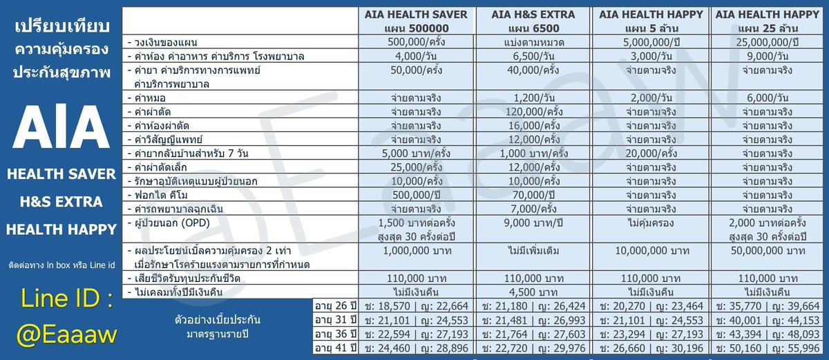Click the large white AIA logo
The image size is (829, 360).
pyautogui.click(x=61, y=127)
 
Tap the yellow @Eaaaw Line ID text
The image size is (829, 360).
pyautogui.click(x=66, y=335)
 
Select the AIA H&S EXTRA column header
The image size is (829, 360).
pyautogui.click(x=533, y=21)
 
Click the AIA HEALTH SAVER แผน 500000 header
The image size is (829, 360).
pyautogui.click(x=416, y=21)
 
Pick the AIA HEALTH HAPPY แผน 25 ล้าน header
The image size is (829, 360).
pyautogui.click(x=768, y=21)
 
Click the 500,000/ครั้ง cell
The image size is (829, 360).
pyautogui.click(x=416, y=42)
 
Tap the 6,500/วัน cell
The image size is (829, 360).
pyautogui.click(x=533, y=56)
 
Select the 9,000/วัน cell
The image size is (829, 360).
pyautogui.click(x=768, y=56)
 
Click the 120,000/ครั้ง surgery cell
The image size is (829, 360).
pyautogui.click(x=533, y=112)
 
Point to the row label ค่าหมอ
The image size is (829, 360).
pyautogui.click(x=147, y=98)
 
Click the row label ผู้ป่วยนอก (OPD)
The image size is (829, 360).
pyautogui.click(x=169, y=223)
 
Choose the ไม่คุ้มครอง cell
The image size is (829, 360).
pyautogui.click(x=651, y=223)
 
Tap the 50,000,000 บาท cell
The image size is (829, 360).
pyautogui.click(x=768, y=251)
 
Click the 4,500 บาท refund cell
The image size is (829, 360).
pyautogui.click(x=533, y=292)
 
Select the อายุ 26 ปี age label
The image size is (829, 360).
pyautogui.click(x=335, y=306)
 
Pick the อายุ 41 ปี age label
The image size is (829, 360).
pyautogui.click(x=335, y=348)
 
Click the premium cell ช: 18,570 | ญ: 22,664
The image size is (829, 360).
pyautogui.click(x=417, y=306)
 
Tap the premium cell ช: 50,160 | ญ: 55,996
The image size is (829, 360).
pyautogui.click(x=768, y=348)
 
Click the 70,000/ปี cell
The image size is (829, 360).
pyautogui.click(x=533, y=195)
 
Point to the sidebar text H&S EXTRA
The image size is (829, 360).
pyautogui.click(x=61, y=202)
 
